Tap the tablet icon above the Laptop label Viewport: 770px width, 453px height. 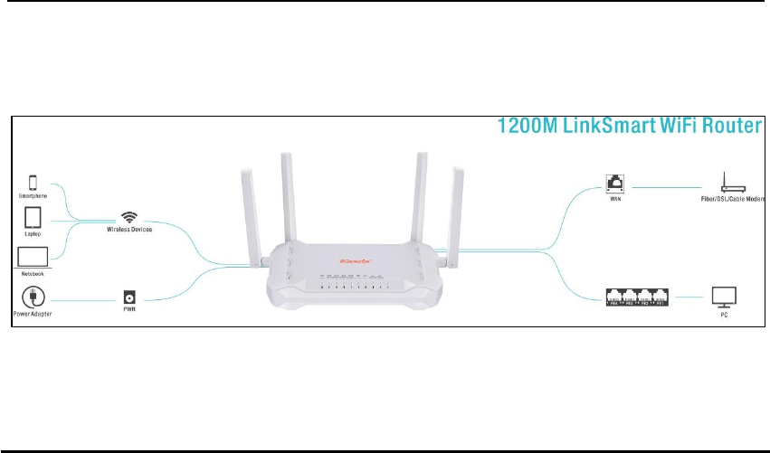32,219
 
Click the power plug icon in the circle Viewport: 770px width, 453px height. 33,297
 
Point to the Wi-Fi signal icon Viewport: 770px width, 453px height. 131,217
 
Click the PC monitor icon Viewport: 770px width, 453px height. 724,296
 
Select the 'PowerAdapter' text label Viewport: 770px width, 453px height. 33,313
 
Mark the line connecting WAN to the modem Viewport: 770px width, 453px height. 671,187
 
